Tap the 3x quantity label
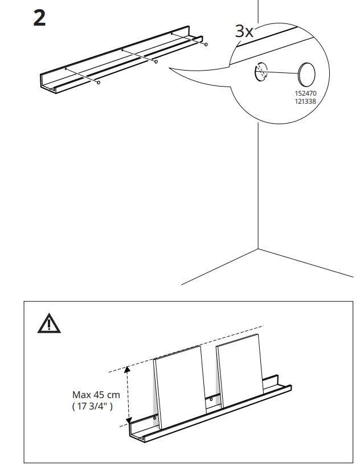pos(244,31)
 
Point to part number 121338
pos(305,101)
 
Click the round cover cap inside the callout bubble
pos(306,73)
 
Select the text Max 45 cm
pos(96,394)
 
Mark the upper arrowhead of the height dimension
pos(128,370)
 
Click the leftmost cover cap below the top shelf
pos(99,83)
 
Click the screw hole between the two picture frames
pos(211,399)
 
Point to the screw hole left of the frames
pos(155,418)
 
